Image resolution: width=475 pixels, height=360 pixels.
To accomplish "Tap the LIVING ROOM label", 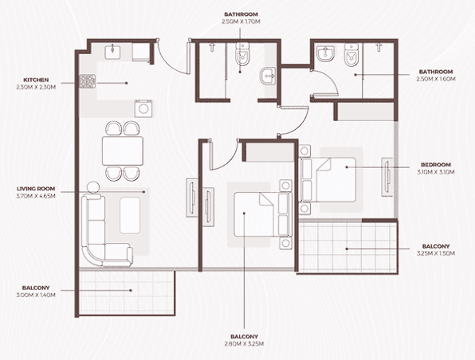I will click(37, 190).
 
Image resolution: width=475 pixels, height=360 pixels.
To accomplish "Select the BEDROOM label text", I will click(436, 167).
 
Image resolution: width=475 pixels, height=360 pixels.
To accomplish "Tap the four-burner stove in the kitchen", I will click(87, 80).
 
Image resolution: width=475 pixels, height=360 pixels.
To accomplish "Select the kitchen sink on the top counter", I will click(113, 52).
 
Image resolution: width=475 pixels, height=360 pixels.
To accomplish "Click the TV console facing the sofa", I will click(193, 195).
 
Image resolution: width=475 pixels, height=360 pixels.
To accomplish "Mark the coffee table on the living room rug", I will click(130, 216).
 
